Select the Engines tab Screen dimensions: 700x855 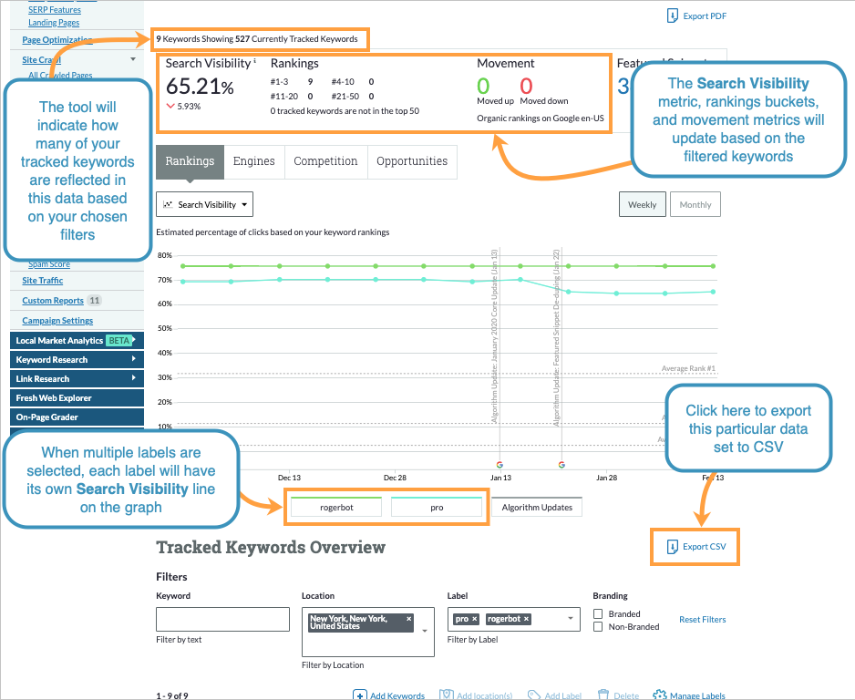pos(253,161)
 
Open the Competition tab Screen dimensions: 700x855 pos(325,161)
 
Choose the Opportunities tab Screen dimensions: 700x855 pos(412,161)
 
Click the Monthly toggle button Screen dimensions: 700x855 pos(695,205)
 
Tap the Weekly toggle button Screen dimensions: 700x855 pos(642,205)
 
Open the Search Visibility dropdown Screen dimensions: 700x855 pos(204,205)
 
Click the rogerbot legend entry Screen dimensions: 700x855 pos(336,508)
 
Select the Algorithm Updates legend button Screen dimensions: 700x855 pos(537,508)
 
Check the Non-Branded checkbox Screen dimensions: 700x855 pos(598,627)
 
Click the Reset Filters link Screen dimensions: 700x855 pos(702,620)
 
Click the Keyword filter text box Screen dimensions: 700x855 pos(222,620)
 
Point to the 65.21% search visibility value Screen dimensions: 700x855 pos(200,87)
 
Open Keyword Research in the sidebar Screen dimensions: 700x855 pos(52,360)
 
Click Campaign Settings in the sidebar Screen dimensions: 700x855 pos(57,321)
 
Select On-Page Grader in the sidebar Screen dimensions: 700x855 pos(46,417)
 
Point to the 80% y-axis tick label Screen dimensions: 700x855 pos(165,255)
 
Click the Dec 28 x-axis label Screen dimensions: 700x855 pos(395,477)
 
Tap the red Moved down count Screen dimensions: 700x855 pos(526,86)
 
